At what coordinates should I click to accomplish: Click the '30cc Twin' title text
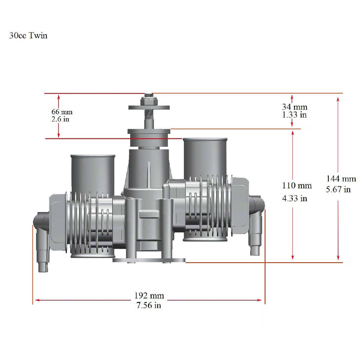coord(28,35)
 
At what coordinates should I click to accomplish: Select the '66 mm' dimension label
coord(62,112)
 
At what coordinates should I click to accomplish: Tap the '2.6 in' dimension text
coord(60,119)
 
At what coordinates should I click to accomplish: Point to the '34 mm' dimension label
coord(295,107)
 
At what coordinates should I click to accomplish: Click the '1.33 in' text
coord(294,115)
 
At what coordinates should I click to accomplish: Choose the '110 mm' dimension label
coord(297,186)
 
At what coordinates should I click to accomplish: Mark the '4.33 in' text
coord(295,198)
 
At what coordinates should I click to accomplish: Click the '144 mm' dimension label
coord(341,179)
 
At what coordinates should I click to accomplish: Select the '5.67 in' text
coord(338,189)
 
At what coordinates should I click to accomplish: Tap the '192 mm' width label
coord(149,295)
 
